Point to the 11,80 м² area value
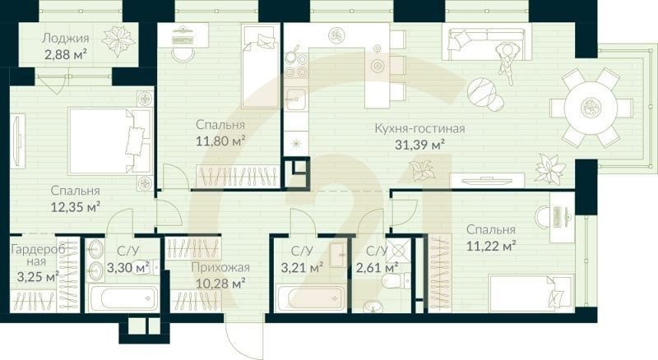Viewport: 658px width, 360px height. pyautogui.click(x=221, y=141)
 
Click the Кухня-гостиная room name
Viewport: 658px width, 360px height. pyautogui.click(x=419, y=128)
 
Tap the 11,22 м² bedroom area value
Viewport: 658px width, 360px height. pyautogui.click(x=490, y=245)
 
